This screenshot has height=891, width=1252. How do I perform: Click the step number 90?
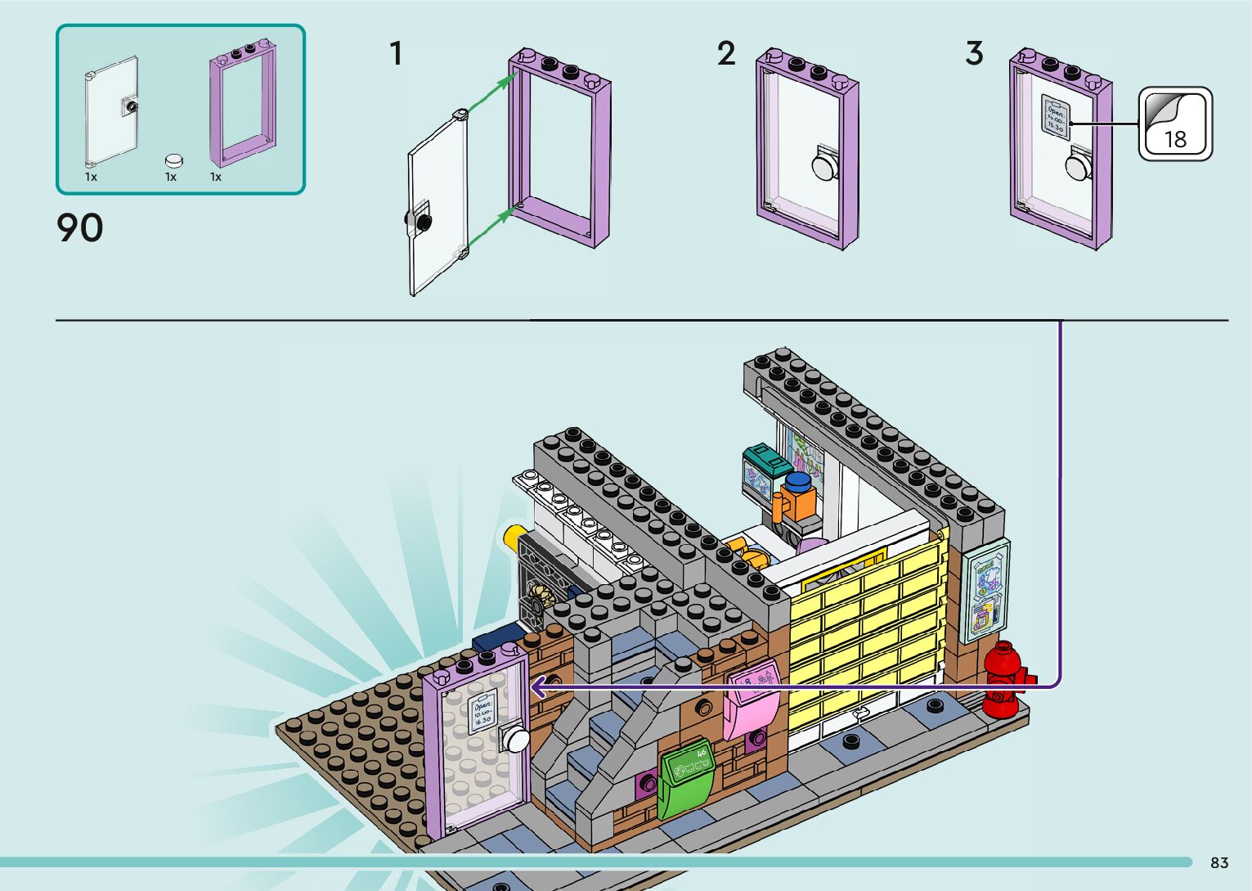[x=80, y=228]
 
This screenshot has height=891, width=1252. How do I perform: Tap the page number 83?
[x=1219, y=863]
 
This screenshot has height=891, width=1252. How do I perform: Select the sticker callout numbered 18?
[x=1175, y=124]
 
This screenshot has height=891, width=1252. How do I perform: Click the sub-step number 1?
[x=396, y=54]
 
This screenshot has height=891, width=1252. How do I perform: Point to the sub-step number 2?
[x=726, y=54]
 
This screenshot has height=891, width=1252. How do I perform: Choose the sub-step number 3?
[x=973, y=54]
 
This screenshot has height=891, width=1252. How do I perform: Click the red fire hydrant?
[x=1005, y=678]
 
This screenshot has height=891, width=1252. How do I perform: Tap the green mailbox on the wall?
[x=686, y=777]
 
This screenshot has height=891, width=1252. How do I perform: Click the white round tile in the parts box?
[x=173, y=160]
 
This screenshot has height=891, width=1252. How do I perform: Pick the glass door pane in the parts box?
[x=112, y=111]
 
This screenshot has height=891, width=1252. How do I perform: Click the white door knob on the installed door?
[x=517, y=740]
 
